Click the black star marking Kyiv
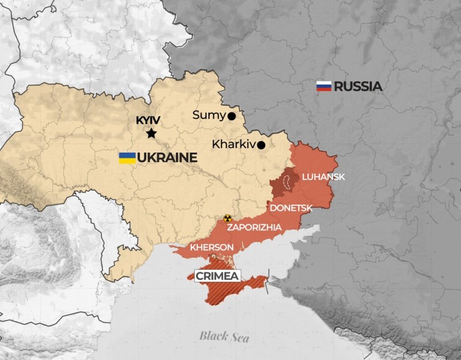tap(151, 133)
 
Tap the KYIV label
tap(148, 121)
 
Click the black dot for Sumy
tap(231, 116)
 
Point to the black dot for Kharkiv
tap(261, 145)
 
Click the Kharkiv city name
tap(233, 145)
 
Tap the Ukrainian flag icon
tap(127, 158)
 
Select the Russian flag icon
tap(324, 86)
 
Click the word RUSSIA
tap(358, 86)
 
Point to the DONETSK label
tap(291, 208)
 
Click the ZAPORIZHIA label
tap(254, 227)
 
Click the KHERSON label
tap(212, 247)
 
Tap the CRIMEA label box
tap(218, 276)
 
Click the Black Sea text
tap(224, 337)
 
